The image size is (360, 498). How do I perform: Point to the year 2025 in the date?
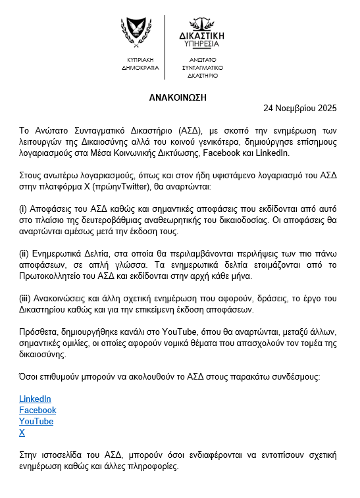point(327,108)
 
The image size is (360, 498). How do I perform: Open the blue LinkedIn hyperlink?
point(35,399)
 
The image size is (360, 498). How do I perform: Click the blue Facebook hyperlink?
point(38,411)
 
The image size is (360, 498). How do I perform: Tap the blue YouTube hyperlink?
point(36,422)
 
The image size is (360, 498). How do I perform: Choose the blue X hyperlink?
point(22,433)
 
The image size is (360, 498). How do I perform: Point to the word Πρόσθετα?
point(37,332)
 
